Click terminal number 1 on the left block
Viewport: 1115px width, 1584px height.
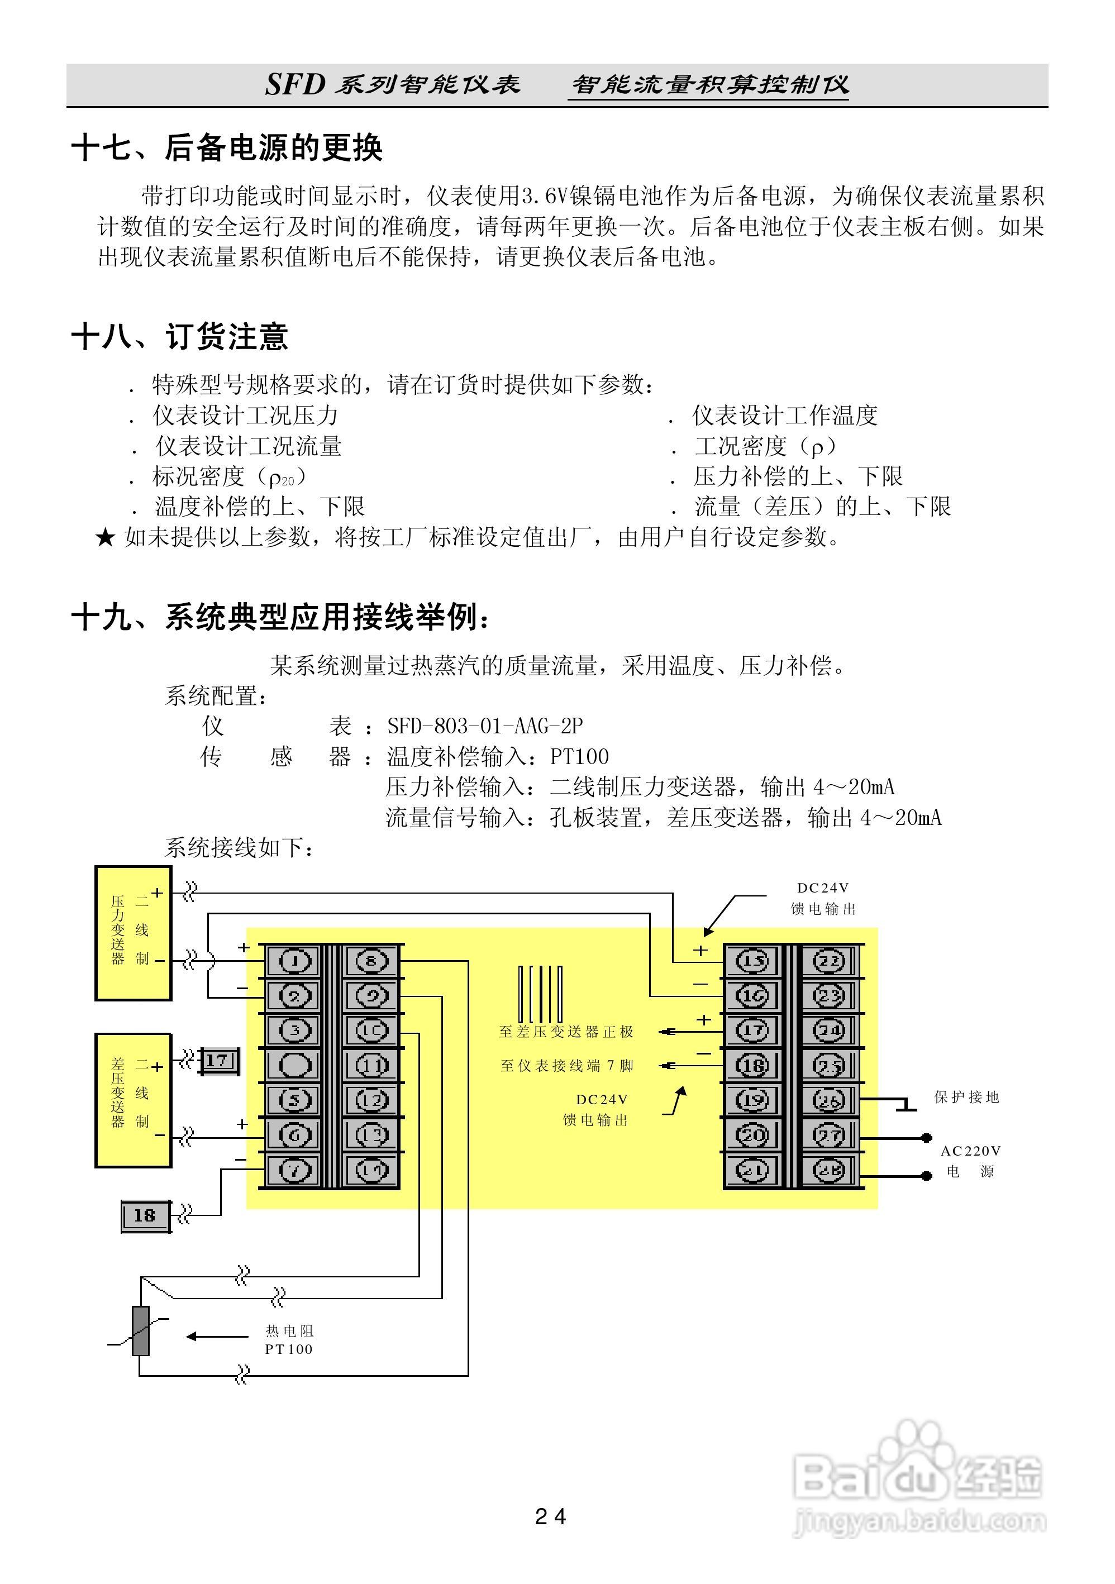pyautogui.click(x=294, y=960)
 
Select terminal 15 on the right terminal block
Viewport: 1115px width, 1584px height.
pyautogui.click(x=752, y=960)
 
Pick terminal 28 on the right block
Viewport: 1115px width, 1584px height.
pyautogui.click(x=828, y=1170)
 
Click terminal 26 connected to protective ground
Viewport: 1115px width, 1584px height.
pyautogui.click(x=828, y=1100)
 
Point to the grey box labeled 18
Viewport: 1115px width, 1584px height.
pyautogui.click(x=145, y=1215)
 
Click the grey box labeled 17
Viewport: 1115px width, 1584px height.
pyautogui.click(x=217, y=1060)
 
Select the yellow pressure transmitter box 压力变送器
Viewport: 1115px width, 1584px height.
pyautogui.click(x=133, y=933)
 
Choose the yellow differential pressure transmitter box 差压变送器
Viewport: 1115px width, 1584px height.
pyautogui.click(x=133, y=1100)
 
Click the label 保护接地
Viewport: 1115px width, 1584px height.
pyautogui.click(x=966, y=1097)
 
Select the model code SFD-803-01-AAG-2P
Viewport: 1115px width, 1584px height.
pyautogui.click(x=485, y=726)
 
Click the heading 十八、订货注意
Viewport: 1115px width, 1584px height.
pyautogui.click(x=179, y=337)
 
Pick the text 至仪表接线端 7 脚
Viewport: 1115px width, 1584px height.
pyautogui.click(x=566, y=1066)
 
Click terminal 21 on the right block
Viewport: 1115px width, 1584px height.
pyautogui.click(x=752, y=1170)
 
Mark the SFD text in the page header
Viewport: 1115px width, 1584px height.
pyautogui.click(x=294, y=85)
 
